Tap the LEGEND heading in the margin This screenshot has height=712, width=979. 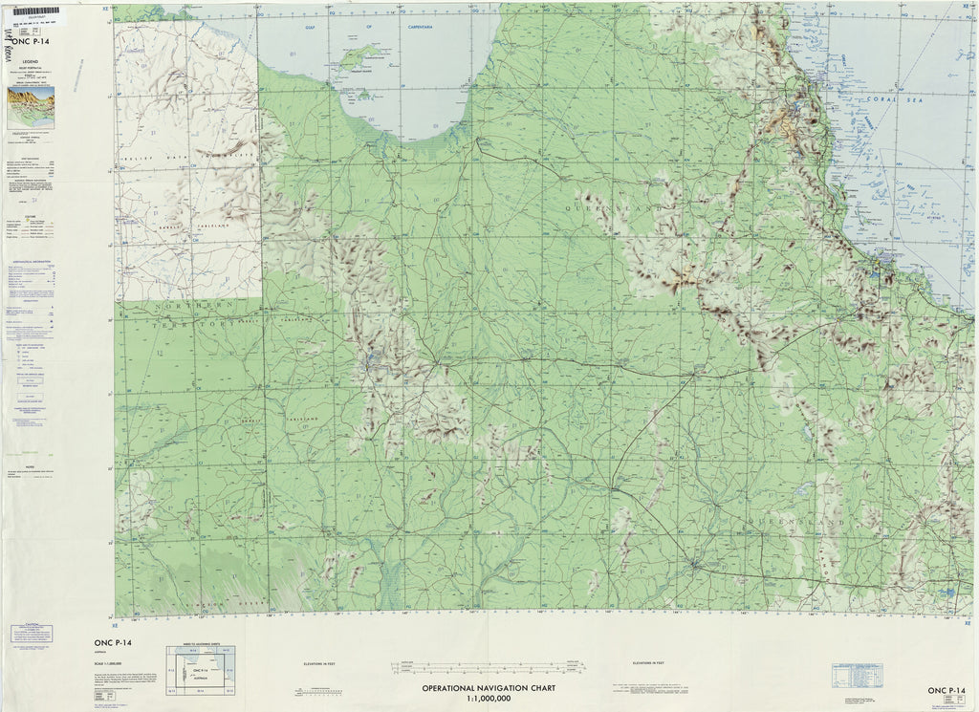coord(30,60)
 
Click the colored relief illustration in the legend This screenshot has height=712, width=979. coord(31,105)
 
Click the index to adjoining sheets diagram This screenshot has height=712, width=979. coord(201,670)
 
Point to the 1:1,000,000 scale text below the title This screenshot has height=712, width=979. coord(489,700)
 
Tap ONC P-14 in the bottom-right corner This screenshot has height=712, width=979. coord(950,691)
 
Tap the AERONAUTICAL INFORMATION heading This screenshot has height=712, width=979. coord(31,260)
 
